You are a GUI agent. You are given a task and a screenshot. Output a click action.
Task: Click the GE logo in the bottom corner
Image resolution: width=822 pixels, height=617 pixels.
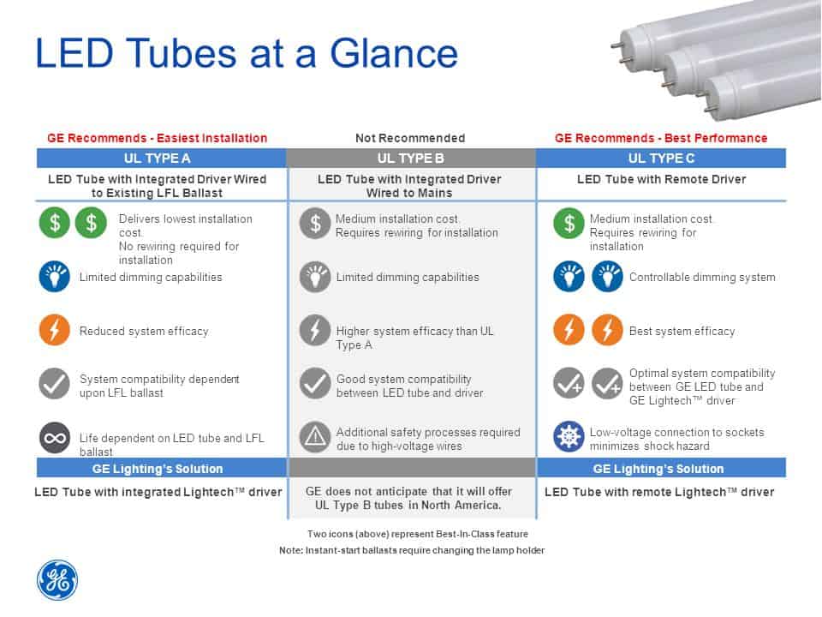coord(57,579)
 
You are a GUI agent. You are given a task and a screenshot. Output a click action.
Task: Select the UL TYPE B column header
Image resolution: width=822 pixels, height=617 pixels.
coord(410,158)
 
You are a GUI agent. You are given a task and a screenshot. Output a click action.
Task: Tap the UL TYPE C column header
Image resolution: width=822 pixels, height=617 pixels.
coord(660,158)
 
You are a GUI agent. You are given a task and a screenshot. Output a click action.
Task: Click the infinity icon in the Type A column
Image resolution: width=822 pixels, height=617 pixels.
coord(55,437)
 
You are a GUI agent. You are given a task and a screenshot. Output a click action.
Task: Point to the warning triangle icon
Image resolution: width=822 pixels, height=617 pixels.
coord(315,437)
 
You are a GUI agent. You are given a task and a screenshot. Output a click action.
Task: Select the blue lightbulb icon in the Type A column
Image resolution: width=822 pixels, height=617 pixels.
coord(55,277)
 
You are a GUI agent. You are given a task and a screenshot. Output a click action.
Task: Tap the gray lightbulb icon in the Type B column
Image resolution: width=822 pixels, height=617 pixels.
coord(315,277)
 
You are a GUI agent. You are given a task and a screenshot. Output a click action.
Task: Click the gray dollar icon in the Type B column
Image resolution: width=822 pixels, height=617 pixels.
coord(315,224)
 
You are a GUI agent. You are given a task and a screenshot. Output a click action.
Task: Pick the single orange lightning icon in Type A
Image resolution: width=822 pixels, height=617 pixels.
coord(55,330)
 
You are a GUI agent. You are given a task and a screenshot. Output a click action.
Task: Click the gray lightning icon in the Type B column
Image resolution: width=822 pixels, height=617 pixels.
coord(315,330)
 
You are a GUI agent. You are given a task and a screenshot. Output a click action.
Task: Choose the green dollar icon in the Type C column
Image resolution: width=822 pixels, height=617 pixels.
coord(569,224)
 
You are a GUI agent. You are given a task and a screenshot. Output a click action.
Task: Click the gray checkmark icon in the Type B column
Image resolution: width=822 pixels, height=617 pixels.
coord(315,383)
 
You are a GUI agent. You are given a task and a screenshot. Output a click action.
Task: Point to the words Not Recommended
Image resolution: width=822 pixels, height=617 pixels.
coord(410,138)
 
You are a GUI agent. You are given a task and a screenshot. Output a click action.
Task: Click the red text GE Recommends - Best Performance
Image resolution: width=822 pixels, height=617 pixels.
coord(660,138)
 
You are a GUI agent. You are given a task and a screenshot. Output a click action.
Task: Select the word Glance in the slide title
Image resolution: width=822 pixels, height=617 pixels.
coord(402,53)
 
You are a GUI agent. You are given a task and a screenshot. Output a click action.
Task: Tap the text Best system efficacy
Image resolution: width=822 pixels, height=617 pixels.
coord(682,331)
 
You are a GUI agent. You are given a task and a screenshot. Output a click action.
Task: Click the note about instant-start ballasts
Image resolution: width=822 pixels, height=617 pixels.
coord(411,550)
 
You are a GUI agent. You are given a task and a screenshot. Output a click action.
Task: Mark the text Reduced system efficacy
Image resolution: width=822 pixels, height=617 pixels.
coord(144,331)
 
